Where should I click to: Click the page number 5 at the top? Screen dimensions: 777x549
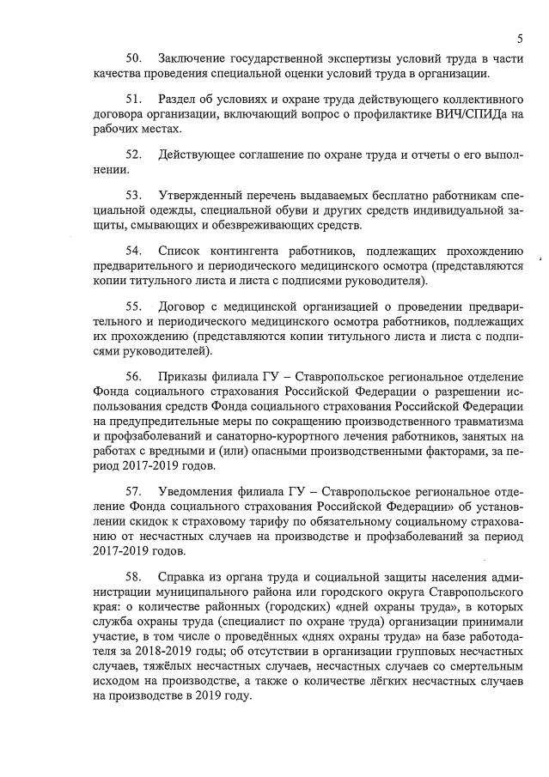[521, 38]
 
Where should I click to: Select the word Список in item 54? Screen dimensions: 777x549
[181, 251]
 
